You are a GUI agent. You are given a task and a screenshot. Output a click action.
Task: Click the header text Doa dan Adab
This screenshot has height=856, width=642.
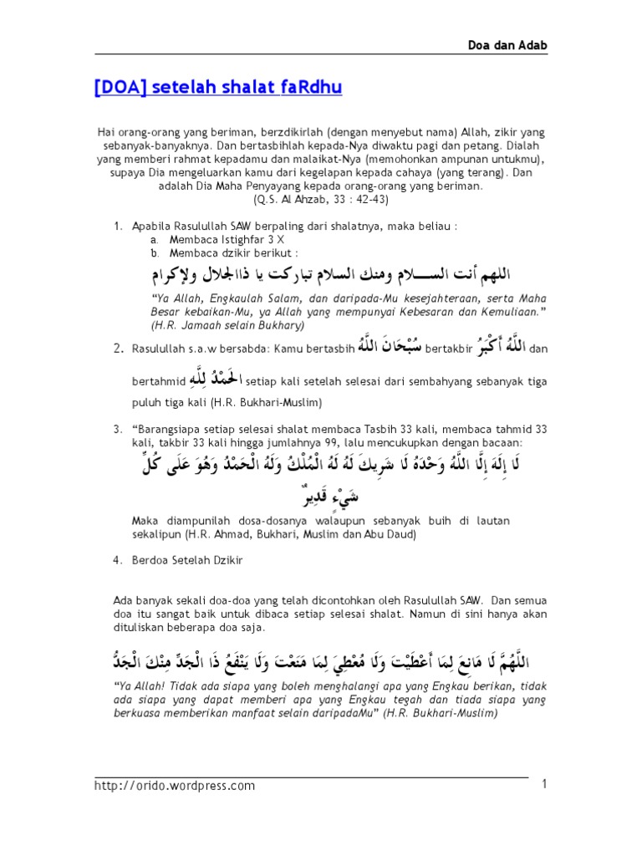[576, 45]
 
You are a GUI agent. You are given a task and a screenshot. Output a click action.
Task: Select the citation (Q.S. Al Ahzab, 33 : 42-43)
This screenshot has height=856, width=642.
[321, 200]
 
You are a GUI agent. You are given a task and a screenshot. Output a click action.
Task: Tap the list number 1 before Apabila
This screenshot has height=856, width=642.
[115, 226]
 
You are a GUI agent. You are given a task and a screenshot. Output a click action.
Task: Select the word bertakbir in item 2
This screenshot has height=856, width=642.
[450, 348]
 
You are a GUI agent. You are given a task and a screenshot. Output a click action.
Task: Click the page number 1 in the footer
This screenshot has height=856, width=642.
[544, 784]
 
